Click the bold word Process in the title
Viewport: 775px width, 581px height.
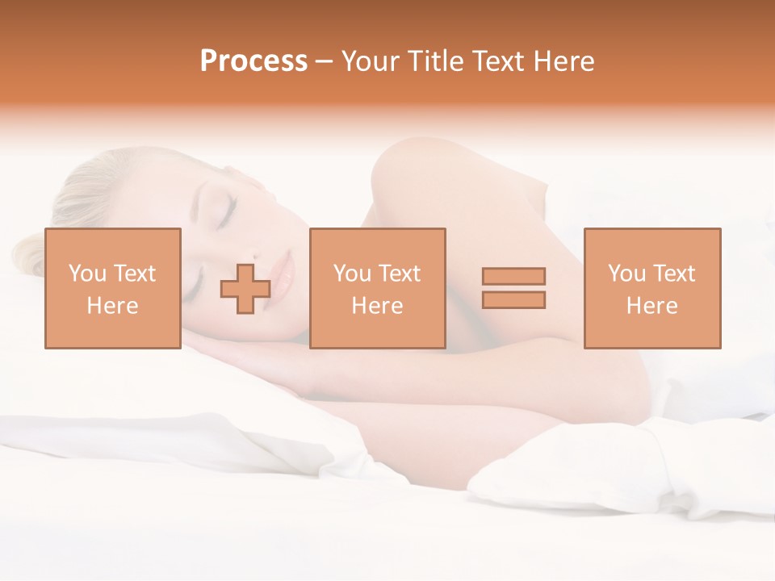click(x=253, y=61)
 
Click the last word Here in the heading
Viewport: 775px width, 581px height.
click(x=565, y=61)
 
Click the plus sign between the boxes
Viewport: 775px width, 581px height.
click(x=245, y=288)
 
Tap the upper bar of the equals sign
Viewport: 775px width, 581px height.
click(x=513, y=276)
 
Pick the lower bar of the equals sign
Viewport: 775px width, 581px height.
click(x=513, y=299)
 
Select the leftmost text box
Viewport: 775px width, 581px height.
click(x=113, y=288)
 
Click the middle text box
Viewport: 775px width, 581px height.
click(x=377, y=288)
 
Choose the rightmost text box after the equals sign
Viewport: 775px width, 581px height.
click(x=651, y=288)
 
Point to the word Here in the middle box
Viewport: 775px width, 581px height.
click(x=377, y=306)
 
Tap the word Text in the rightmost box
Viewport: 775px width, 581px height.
click(x=674, y=273)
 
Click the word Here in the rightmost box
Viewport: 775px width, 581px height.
click(x=651, y=306)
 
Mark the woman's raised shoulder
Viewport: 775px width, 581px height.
click(x=412, y=173)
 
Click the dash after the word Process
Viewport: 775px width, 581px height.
click(x=325, y=61)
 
